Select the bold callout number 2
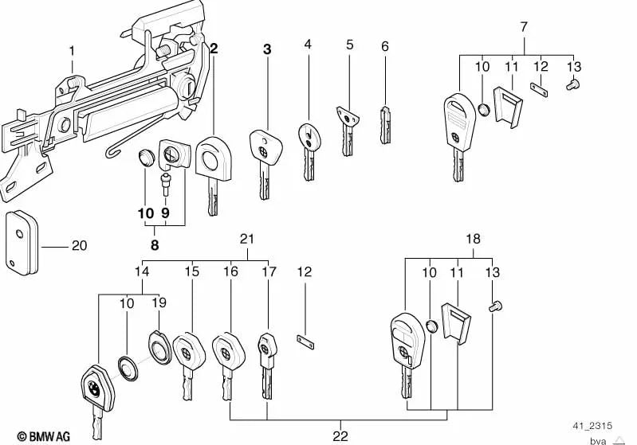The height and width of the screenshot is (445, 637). point(213,49)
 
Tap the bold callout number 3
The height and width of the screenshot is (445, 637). point(267,49)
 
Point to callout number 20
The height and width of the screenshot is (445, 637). point(79,246)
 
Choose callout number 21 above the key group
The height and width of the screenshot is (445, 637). point(246,240)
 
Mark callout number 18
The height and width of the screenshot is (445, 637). point(474,240)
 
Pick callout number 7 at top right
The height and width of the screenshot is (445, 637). point(523,27)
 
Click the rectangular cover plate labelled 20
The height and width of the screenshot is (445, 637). point(22,241)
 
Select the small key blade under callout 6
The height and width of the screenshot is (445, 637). point(385,126)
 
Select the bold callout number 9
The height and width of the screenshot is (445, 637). point(165,213)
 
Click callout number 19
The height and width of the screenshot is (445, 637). point(158,303)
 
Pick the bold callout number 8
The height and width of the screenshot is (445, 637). point(155,245)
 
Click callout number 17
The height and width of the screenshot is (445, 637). point(269,271)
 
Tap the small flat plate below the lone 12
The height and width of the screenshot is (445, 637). point(305,343)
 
